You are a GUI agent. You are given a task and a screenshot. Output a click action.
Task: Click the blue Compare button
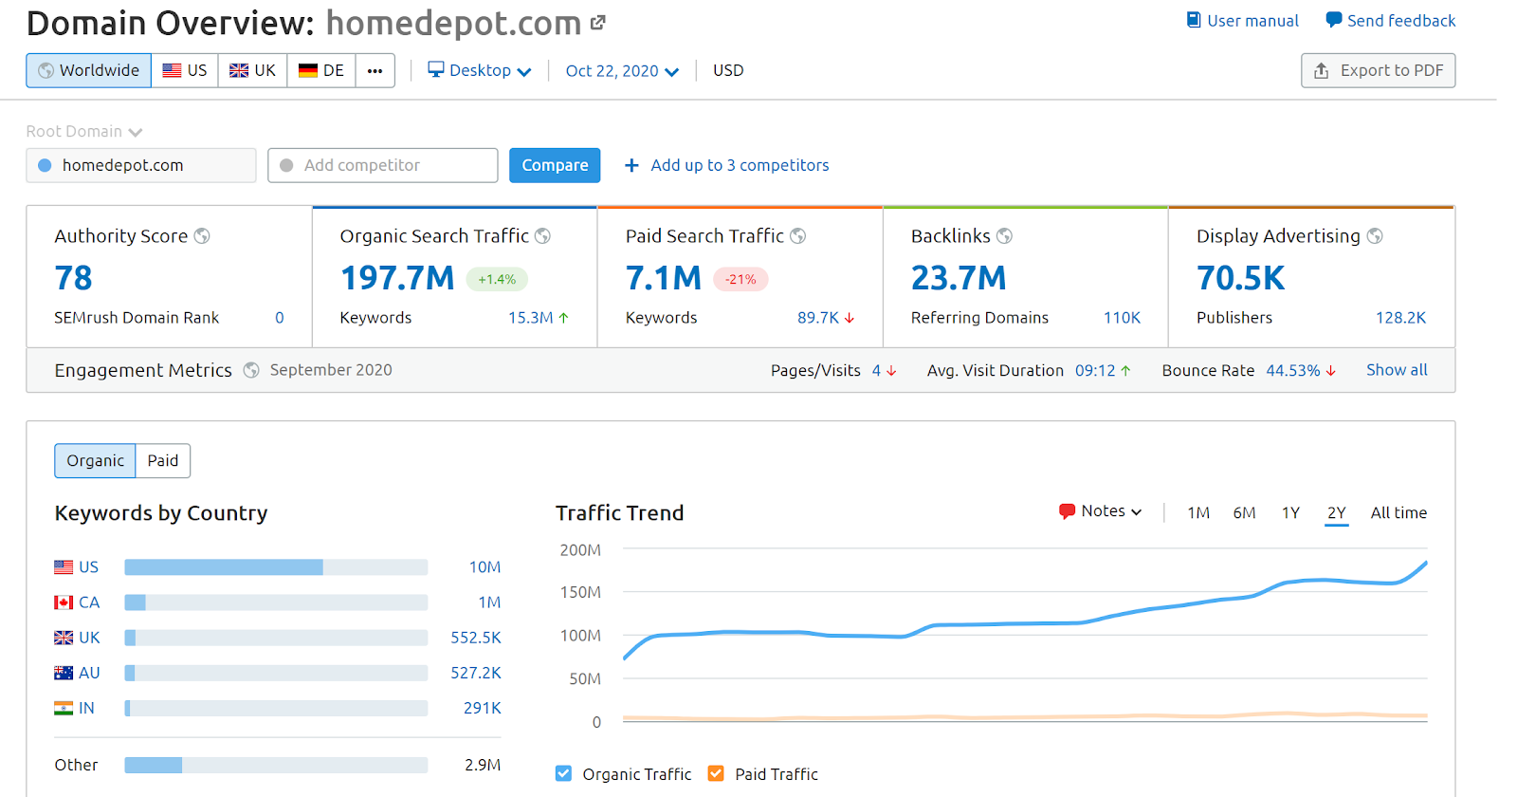pos(555,165)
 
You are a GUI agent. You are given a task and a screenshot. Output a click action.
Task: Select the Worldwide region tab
pos(89,70)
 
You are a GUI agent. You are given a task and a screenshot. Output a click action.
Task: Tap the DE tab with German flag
pos(321,70)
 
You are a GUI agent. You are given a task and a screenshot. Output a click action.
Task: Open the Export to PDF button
pos(1378,70)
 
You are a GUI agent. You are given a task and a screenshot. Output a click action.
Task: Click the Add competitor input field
pos(383,165)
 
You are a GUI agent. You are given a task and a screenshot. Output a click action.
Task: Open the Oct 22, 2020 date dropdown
pos(622,70)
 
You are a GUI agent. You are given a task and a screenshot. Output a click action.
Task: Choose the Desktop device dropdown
pos(480,70)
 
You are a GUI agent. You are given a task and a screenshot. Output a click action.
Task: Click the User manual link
pos(1243,20)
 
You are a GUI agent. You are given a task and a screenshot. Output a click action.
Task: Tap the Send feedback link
pos(1391,20)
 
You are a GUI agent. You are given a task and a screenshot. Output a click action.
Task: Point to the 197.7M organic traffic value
pos(397,278)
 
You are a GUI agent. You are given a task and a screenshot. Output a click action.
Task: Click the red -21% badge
pos(740,279)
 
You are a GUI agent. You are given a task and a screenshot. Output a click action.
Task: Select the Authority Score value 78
pos(73,278)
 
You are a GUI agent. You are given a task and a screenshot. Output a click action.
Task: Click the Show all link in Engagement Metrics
pos(1396,370)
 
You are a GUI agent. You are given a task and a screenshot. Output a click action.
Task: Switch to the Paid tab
pos(163,460)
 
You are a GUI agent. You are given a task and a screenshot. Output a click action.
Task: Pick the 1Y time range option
pos(1290,512)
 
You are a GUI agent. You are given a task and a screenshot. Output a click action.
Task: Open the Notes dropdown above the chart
pos(1101,511)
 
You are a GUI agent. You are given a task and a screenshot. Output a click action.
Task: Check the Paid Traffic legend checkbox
pos(716,773)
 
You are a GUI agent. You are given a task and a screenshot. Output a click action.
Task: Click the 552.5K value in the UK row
pos(476,638)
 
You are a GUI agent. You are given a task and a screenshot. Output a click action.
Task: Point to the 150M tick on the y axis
pos(580,592)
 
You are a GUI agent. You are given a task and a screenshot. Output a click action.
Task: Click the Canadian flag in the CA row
pos(64,602)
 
